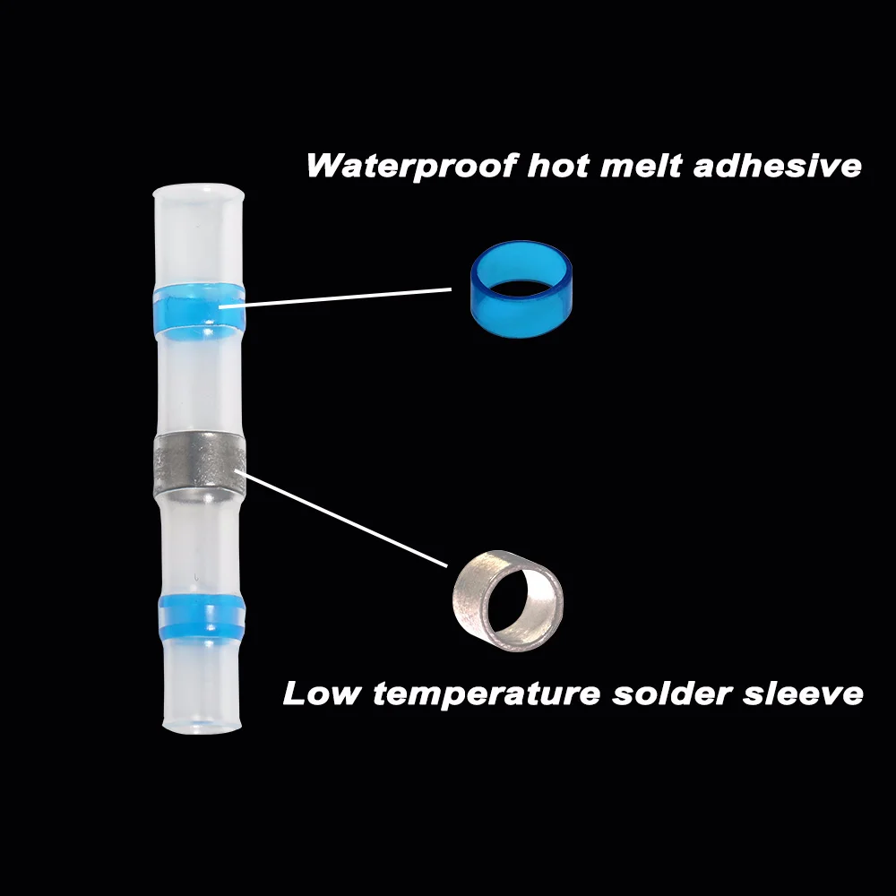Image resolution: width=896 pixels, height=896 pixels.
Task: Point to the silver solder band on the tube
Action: pos(200,459)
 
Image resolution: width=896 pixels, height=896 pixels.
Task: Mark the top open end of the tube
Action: pos(199,192)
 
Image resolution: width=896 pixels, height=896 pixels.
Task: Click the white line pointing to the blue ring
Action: pos(349,297)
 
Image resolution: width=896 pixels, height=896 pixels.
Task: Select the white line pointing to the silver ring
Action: pos(345,518)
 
